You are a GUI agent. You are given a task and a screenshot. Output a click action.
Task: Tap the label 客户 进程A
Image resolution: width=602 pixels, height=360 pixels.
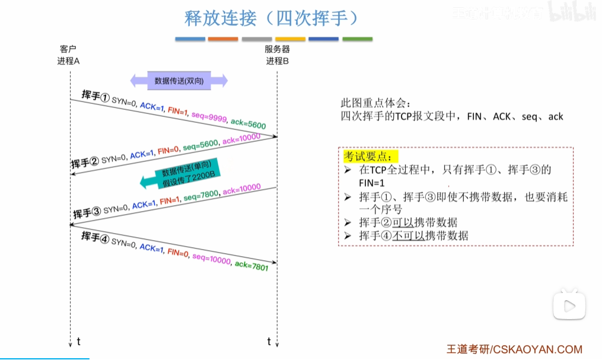point(69,55)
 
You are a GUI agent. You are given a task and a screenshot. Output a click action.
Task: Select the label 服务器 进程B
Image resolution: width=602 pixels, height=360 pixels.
point(277,55)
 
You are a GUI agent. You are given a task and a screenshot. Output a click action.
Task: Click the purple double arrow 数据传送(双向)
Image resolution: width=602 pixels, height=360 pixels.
point(179,81)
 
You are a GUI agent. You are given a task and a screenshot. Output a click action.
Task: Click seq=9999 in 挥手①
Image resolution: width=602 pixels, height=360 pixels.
point(209,116)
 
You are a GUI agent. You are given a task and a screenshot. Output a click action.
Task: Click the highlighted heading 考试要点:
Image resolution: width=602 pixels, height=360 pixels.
point(368,157)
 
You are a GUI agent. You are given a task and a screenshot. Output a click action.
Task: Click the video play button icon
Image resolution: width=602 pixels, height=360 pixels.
point(569,305)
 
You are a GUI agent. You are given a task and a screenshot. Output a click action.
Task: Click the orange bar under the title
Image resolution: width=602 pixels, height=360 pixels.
point(223,39)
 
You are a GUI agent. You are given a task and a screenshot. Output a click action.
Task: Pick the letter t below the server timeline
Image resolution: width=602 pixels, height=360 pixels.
point(269,341)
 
